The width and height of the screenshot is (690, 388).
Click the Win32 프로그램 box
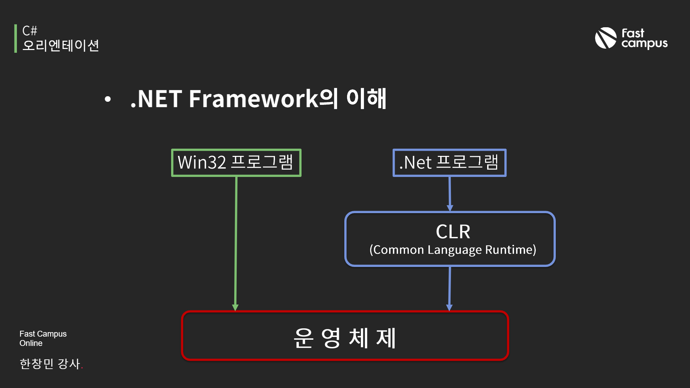click(x=236, y=162)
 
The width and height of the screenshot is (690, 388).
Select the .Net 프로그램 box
click(x=449, y=162)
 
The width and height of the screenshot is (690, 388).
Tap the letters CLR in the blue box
click(x=453, y=231)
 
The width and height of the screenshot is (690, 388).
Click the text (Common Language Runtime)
click(x=453, y=250)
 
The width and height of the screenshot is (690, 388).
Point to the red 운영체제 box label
click(x=344, y=338)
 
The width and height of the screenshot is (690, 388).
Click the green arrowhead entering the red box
click(x=235, y=307)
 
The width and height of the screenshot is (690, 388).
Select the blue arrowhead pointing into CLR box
click(x=450, y=208)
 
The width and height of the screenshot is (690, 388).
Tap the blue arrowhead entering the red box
click(x=449, y=307)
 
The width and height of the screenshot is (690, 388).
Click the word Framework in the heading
click(x=254, y=99)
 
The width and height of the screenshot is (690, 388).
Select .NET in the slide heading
click(x=156, y=99)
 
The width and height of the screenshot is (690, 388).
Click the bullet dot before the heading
click(x=108, y=99)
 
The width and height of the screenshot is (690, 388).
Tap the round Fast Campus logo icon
click(x=605, y=38)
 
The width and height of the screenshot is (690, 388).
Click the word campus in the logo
click(x=644, y=44)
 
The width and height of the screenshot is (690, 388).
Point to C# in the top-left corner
click(x=30, y=31)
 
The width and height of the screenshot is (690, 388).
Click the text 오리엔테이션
click(x=61, y=46)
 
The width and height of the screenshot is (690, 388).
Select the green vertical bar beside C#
click(x=16, y=38)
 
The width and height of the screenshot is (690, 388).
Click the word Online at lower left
click(x=31, y=343)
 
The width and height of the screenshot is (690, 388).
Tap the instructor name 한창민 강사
click(x=50, y=364)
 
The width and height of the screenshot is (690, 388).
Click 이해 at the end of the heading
click(x=366, y=99)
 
